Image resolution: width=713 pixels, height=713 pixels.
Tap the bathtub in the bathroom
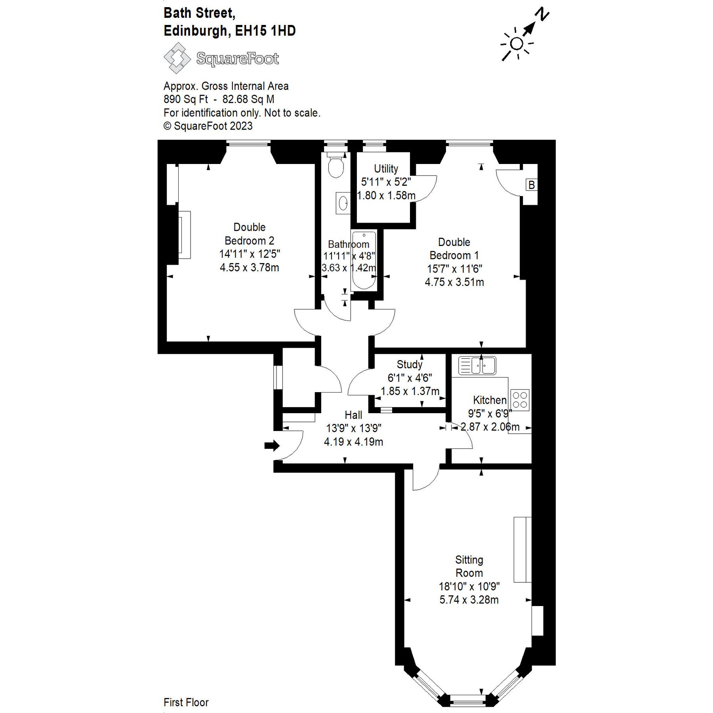point(363,261)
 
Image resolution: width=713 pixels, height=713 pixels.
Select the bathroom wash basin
point(343,204)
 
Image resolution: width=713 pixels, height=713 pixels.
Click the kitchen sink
point(477,365)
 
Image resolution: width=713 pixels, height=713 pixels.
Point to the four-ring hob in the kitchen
point(520,400)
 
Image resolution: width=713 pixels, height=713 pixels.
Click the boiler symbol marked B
point(531,185)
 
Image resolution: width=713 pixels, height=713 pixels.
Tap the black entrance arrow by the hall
point(272,445)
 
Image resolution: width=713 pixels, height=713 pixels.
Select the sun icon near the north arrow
point(517,44)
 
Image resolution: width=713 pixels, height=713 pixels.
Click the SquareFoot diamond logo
point(177,58)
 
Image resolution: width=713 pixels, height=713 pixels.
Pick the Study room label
point(409,364)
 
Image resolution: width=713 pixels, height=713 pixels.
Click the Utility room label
point(386,169)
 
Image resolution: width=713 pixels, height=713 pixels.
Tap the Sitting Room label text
point(469,566)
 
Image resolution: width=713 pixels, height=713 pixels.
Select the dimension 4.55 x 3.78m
point(249,267)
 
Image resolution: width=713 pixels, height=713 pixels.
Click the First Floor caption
point(186,702)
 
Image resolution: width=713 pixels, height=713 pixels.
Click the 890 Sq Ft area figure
point(185,99)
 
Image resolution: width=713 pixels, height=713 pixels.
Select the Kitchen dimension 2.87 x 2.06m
point(490,427)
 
